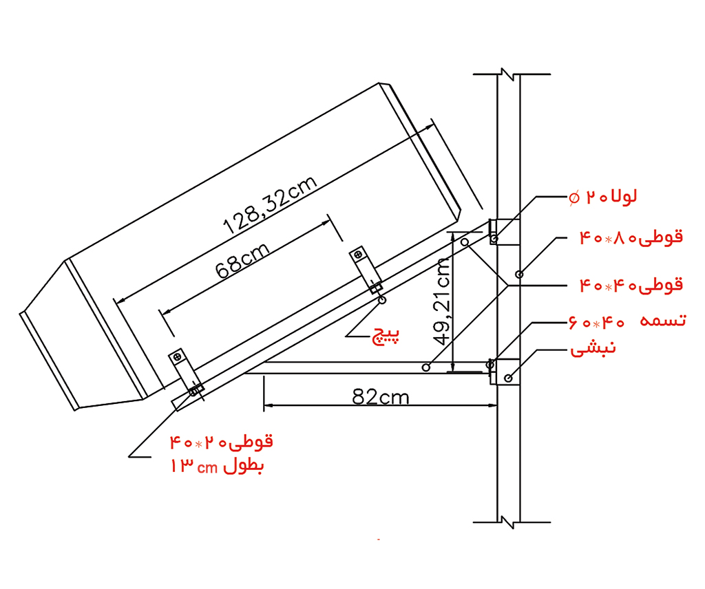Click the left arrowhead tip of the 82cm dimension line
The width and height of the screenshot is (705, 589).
[264, 406]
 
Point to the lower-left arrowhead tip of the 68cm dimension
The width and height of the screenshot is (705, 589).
[162, 312]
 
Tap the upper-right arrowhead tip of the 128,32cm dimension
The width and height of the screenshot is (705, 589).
[434, 125]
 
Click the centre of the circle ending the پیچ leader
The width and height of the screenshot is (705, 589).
[381, 300]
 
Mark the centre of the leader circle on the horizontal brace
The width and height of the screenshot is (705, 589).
[426, 367]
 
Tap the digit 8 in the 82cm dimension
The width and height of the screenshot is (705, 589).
[359, 397]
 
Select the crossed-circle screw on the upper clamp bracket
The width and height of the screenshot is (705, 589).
[358, 255]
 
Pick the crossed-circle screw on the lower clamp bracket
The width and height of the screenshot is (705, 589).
[177, 357]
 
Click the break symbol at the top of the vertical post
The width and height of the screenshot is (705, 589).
[508, 74]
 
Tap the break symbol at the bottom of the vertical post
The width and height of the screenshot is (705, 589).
[508, 522]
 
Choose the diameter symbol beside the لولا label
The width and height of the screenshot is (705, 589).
[574, 197]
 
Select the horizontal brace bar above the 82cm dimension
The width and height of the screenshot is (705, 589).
[369, 367]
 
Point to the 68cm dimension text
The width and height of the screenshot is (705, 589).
[243, 261]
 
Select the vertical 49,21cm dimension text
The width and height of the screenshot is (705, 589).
[442, 301]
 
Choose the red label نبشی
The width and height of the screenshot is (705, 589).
[593, 349]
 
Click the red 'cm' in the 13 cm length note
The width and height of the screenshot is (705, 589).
[207, 468]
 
